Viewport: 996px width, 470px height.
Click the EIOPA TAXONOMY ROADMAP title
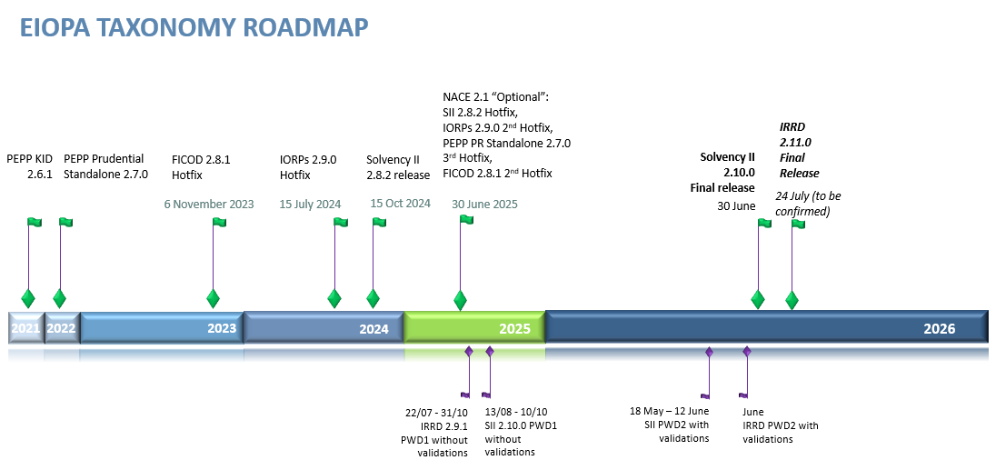194,27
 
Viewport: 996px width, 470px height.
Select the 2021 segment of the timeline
25,328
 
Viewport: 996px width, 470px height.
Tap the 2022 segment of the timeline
61,328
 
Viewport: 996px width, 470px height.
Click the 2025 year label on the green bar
514,328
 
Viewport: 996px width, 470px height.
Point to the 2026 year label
939,328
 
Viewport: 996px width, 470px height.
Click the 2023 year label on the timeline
222,328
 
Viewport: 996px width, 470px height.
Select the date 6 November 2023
209,204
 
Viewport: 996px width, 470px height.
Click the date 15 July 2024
310,204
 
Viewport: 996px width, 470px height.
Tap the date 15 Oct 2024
400,204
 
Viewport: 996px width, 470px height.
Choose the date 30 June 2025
484,204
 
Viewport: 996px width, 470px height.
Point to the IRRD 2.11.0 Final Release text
799,150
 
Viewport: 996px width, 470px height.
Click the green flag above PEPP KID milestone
35,222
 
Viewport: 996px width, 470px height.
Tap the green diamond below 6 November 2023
213,298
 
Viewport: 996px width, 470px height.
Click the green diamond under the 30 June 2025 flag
460,300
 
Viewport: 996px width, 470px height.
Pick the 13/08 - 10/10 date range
515,412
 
